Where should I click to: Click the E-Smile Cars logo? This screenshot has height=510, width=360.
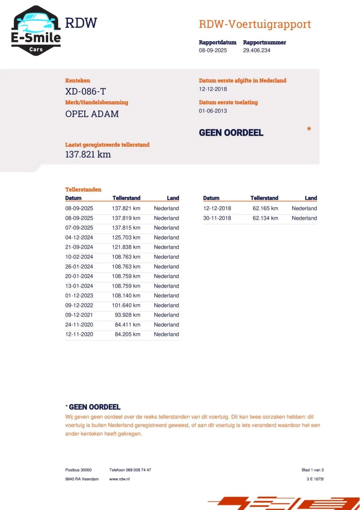click(36, 31)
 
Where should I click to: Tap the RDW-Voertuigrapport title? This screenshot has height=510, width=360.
click(254, 24)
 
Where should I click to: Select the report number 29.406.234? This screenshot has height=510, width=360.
click(256, 51)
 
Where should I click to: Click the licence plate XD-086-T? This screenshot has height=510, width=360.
click(85, 92)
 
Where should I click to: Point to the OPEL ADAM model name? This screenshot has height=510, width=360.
click(92, 114)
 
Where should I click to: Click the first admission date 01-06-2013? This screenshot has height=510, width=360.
click(213, 111)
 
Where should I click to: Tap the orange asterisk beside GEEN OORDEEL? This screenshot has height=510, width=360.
click(309, 129)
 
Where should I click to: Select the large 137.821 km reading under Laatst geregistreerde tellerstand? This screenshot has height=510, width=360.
click(88, 155)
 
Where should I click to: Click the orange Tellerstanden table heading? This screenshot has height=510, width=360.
click(83, 190)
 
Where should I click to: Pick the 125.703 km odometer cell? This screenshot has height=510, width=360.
click(126, 237)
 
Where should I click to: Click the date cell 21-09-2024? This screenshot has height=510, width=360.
click(79, 247)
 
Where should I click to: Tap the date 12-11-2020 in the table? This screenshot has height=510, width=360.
click(79, 334)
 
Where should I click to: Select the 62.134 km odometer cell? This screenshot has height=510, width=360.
click(265, 218)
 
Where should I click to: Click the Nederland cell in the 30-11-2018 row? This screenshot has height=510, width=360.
click(304, 218)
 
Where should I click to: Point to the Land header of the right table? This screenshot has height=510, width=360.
click(311, 198)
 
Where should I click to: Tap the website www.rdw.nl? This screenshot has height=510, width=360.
click(119, 479)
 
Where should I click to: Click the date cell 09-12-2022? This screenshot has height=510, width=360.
click(79, 305)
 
